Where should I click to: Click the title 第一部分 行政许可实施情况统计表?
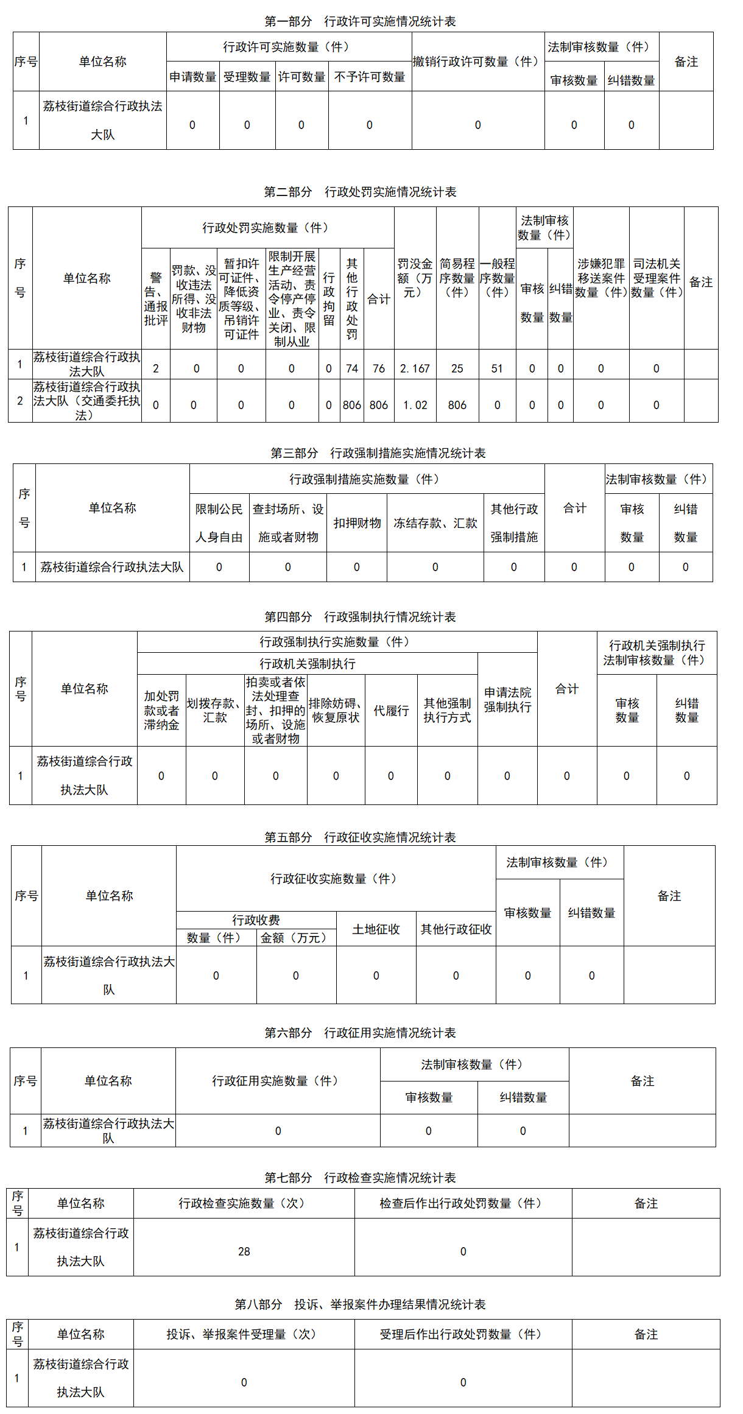[360, 22]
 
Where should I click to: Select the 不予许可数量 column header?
[370, 77]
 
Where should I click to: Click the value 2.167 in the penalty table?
[415, 368]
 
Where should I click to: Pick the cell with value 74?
[352, 368]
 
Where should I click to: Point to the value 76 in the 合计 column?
[379, 368]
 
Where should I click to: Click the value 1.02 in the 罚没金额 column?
[415, 405]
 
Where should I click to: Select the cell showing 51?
[497, 368]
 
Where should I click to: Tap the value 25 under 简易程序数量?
[457, 368]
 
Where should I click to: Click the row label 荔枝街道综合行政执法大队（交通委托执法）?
[86, 401]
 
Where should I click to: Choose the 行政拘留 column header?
[329, 298]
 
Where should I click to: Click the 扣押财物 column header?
[357, 523]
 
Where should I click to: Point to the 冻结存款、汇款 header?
[435, 523]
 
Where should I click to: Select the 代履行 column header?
[391, 711]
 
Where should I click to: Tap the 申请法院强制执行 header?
[507, 700]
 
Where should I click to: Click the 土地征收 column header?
[376, 929]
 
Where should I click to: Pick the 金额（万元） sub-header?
[296, 938]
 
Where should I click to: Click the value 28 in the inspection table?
[244, 1251]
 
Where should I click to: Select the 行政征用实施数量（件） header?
[278, 1081]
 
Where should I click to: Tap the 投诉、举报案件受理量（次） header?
[244, 1334]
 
